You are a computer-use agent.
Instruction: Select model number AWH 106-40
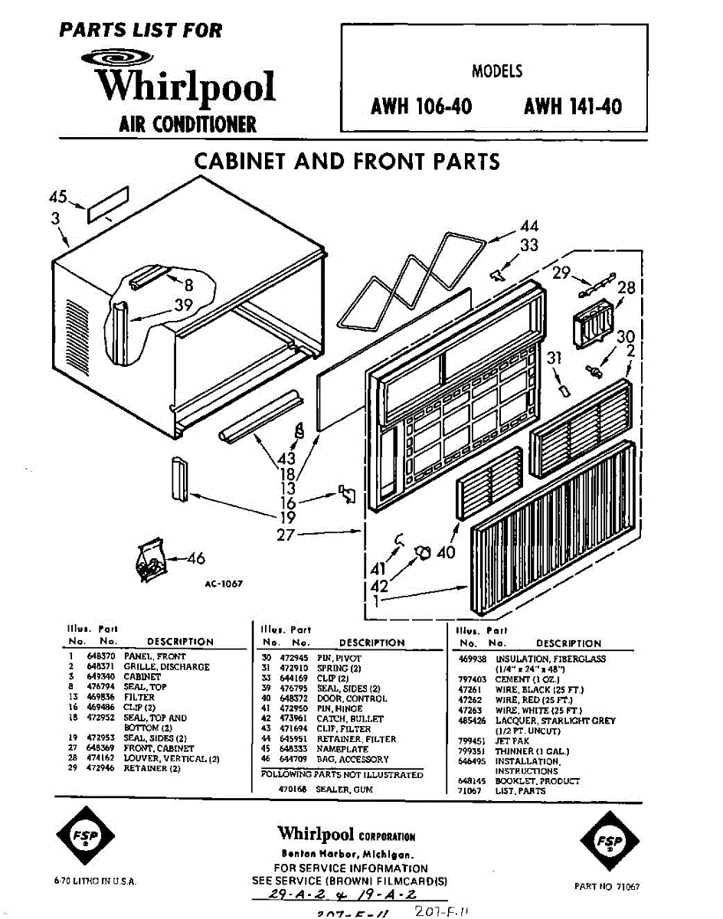(421, 106)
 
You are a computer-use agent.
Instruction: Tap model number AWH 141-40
(573, 106)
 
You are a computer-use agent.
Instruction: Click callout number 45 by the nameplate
(58, 198)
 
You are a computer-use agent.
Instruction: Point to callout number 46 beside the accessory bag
(196, 558)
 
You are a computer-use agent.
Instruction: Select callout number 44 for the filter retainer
(528, 226)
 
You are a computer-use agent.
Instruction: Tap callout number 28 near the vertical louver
(626, 288)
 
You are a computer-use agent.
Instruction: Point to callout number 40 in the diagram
(447, 551)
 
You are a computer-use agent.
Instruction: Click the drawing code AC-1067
(224, 584)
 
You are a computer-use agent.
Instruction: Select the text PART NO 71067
(607, 886)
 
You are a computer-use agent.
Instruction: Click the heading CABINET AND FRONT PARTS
(347, 162)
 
